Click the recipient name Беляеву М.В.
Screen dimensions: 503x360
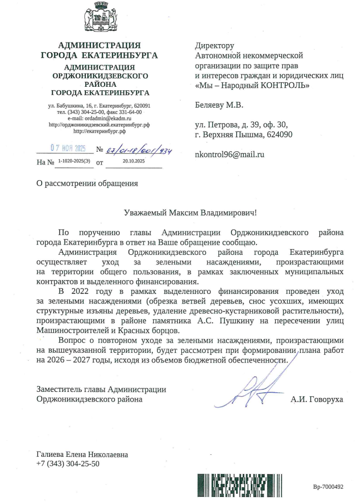coord(219,106)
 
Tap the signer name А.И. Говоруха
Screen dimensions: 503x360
coord(317,399)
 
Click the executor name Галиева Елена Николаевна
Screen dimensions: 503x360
coord(82,455)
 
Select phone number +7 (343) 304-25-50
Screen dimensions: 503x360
coord(68,463)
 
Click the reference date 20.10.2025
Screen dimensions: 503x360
coord(134,161)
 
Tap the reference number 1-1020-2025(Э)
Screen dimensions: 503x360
coord(74,161)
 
